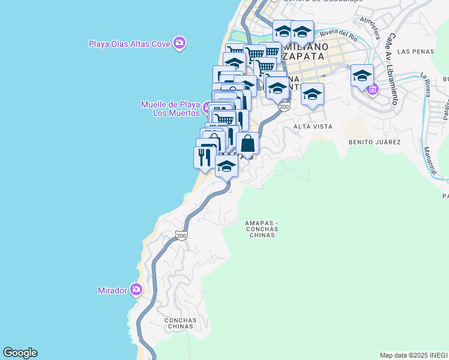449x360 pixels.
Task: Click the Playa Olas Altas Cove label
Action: [x=129, y=43]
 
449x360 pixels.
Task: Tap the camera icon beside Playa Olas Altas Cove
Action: [x=179, y=43]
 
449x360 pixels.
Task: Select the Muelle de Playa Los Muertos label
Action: [x=170, y=109]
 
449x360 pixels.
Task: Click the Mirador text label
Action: [x=112, y=290]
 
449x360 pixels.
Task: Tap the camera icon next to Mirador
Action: [x=136, y=290]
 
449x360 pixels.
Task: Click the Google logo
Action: [x=20, y=353]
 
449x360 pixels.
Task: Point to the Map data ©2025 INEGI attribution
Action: [x=414, y=355]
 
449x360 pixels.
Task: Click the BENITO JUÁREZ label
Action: [x=374, y=142]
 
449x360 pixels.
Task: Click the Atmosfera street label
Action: [x=368, y=26]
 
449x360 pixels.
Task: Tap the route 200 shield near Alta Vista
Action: [x=284, y=107]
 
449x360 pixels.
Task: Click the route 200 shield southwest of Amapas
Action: [x=182, y=236]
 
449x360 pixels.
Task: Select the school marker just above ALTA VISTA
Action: [x=312, y=94]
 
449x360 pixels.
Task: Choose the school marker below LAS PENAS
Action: [x=362, y=76]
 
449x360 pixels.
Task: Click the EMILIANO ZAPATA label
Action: [x=307, y=52]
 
